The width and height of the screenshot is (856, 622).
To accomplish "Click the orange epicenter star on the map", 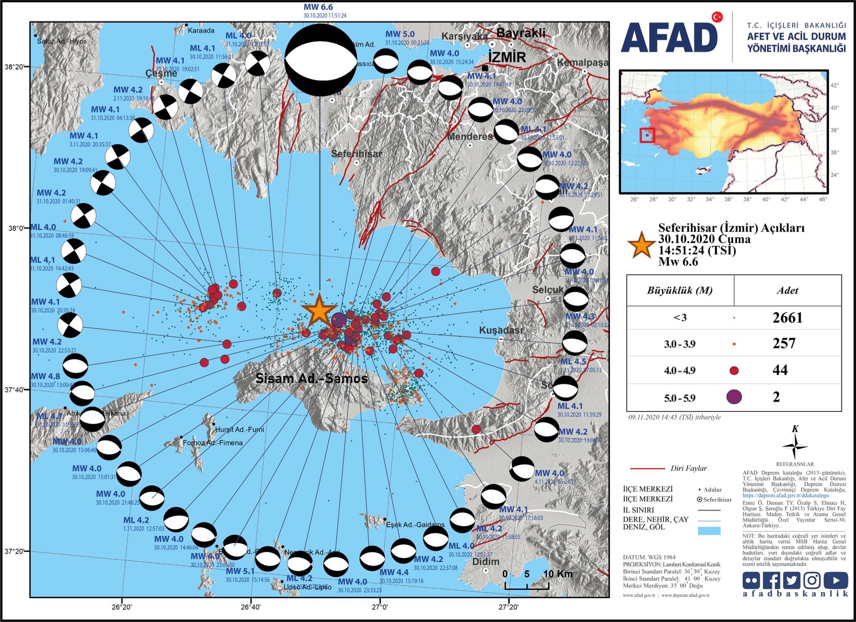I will tap(319, 310).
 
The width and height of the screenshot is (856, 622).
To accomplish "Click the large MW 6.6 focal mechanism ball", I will tap(321, 60).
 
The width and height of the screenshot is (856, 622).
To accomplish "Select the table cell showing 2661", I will tap(787, 318).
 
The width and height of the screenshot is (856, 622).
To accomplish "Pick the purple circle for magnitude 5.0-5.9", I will tap(734, 396).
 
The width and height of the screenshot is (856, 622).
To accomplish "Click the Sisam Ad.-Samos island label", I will tap(311, 379).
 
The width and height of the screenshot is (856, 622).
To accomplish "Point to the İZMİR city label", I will tap(507, 57).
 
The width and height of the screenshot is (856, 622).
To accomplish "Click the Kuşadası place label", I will tap(500, 330).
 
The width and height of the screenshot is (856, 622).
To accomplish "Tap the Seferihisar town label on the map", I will tap(356, 154).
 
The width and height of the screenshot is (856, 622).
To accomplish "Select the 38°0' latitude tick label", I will tap(16, 228).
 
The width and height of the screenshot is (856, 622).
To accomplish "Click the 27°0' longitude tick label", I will tap(380, 606).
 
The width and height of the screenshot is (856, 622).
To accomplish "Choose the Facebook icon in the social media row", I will tap(772, 580).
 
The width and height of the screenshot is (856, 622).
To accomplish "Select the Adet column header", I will tap(787, 291).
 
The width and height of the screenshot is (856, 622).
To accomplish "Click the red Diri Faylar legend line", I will tap(647, 469).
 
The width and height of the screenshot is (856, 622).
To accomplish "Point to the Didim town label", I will tap(486, 561).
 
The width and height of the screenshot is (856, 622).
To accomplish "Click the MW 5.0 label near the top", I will tap(400, 34).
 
